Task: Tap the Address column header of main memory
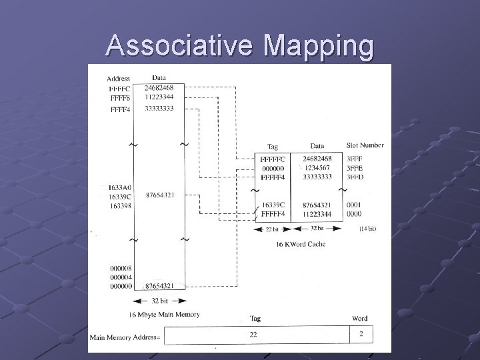119,79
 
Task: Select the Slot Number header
365,145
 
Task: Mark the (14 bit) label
367,229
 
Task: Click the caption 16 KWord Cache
301,244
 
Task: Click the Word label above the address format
360,318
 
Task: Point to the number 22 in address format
253,334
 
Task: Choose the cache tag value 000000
273,168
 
